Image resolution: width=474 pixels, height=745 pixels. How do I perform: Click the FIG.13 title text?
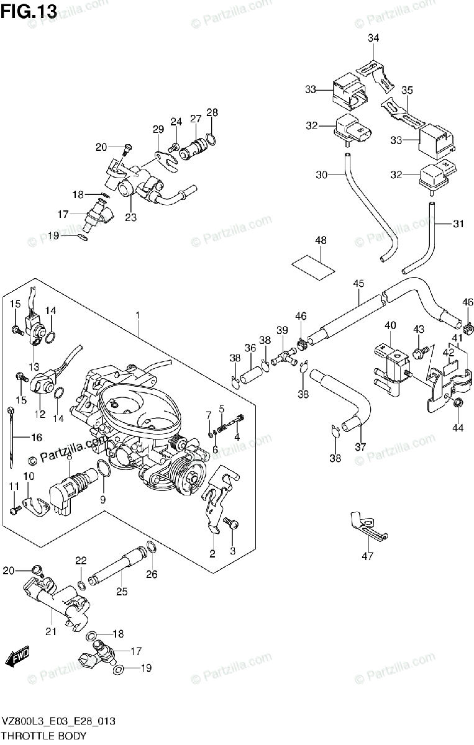pyautogui.click(x=29, y=11)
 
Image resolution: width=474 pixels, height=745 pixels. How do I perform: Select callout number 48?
pyautogui.click(x=321, y=241)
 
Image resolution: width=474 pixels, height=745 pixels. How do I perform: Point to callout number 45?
pyautogui.click(x=358, y=284)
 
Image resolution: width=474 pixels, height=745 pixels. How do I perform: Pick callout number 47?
pyautogui.click(x=368, y=556)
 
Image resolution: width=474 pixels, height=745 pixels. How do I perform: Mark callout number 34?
pyautogui.click(x=373, y=38)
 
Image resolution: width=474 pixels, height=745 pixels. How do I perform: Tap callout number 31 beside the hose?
pyautogui.click(x=458, y=224)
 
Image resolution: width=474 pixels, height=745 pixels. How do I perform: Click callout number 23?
pyautogui.click(x=131, y=218)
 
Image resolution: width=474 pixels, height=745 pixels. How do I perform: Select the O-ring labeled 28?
pyautogui.click(x=211, y=138)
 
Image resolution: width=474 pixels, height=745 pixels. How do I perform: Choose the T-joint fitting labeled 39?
pyautogui.click(x=285, y=357)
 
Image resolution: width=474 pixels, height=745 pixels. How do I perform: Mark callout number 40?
pyautogui.click(x=390, y=325)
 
